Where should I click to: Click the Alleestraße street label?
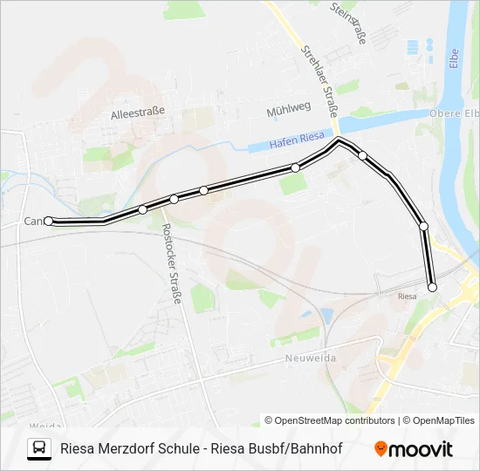[138, 113]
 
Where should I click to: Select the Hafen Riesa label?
[296, 139]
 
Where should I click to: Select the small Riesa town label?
[407, 296]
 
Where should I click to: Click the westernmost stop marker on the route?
[49, 222]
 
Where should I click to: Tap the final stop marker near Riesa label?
[431, 287]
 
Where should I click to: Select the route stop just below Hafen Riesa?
[296, 167]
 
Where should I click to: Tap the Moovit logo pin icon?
[381, 448]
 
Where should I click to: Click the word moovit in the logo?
[421, 449]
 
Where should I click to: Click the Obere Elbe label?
[454, 113]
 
